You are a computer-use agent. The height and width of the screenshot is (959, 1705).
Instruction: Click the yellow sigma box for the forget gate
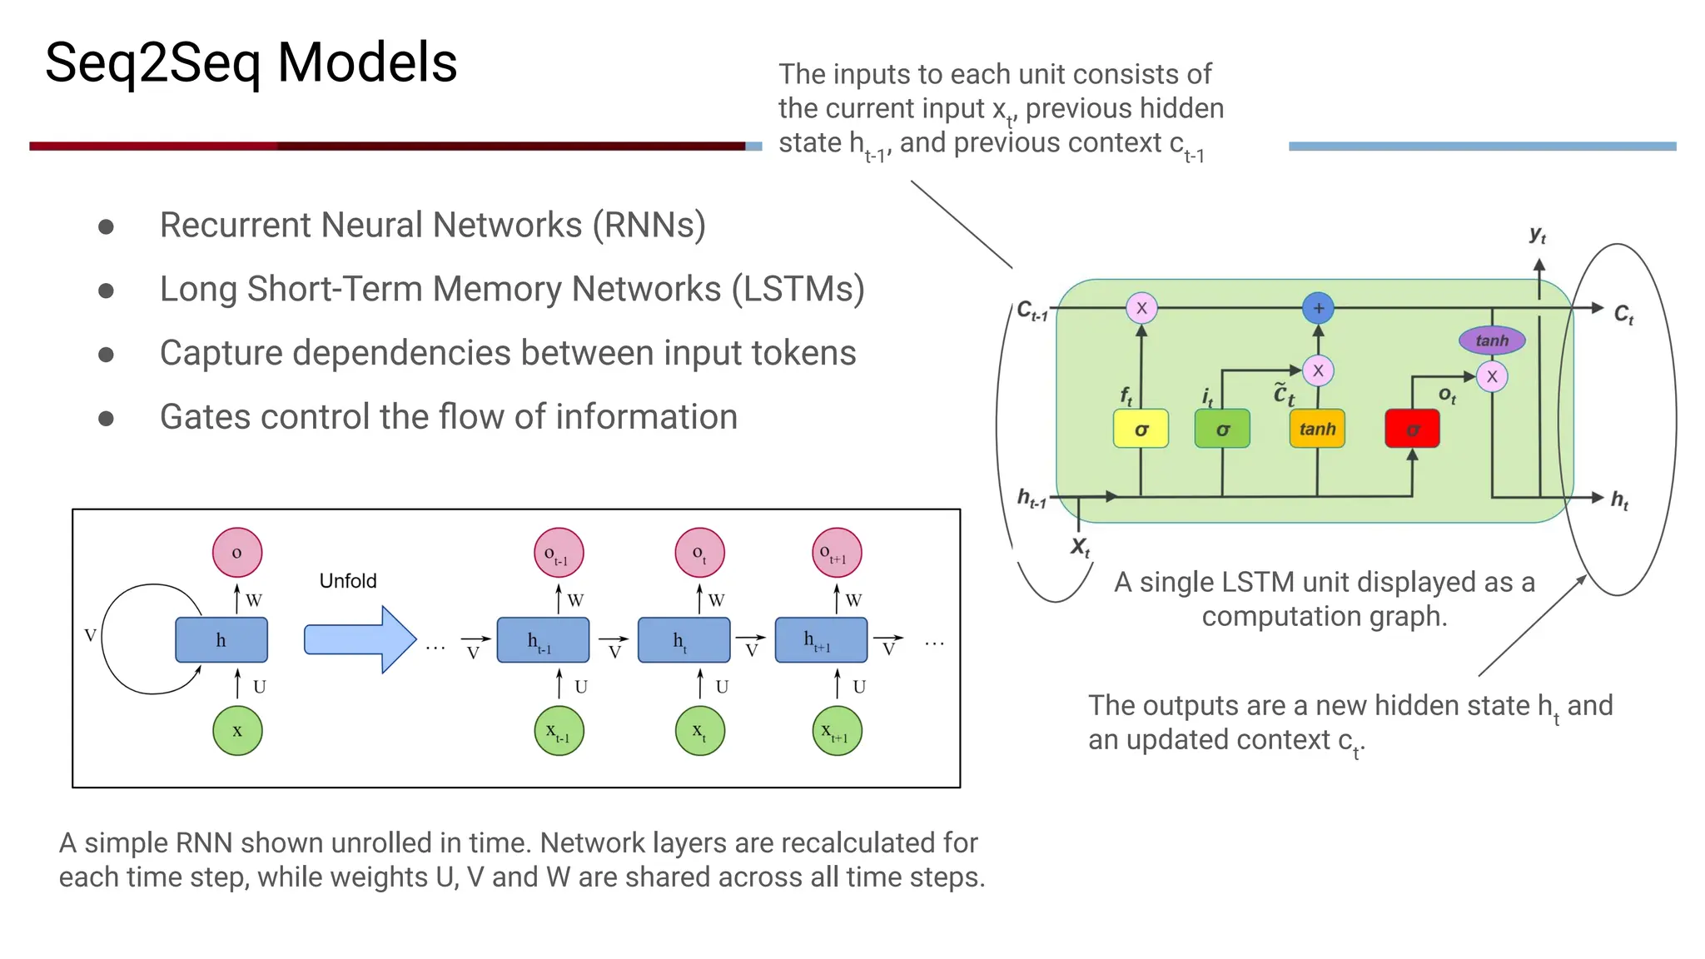tap(1141, 429)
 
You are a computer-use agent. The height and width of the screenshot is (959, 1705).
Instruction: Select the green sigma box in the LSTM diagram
tap(1222, 429)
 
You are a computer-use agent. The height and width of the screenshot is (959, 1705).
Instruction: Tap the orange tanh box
tap(1317, 429)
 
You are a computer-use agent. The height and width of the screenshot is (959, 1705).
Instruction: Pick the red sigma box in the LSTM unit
tap(1412, 429)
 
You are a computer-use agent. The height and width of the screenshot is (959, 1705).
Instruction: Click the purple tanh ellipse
tap(1492, 340)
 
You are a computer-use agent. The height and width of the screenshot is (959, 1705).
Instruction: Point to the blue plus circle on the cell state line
tap(1318, 308)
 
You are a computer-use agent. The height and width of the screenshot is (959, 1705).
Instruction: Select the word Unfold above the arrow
tap(348, 580)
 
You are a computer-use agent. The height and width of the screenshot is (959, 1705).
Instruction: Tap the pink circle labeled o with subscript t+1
tap(836, 552)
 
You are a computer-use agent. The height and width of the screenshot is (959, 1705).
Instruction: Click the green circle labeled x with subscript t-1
tap(559, 731)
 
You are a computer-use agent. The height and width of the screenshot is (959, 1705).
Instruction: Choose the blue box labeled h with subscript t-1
tap(543, 639)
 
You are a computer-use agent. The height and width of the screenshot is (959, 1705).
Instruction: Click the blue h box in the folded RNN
tap(221, 639)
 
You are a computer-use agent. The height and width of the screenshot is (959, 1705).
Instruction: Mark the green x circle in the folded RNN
tap(237, 731)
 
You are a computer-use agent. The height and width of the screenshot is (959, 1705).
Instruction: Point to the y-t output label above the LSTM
tap(1538, 236)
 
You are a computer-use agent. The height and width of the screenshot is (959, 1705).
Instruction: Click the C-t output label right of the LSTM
tap(1623, 315)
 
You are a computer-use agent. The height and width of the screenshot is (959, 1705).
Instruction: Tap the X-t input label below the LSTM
tap(1080, 547)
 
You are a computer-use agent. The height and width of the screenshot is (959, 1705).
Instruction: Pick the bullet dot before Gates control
tap(106, 418)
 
